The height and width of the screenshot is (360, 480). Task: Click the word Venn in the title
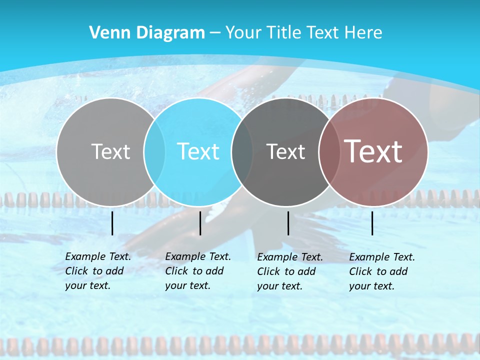pyautogui.click(x=106, y=33)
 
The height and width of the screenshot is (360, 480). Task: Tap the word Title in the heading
pyautogui.click(x=282, y=33)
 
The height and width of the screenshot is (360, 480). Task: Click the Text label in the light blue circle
pyautogui.click(x=198, y=151)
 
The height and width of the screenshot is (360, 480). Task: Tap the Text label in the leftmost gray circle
pyautogui.click(x=110, y=151)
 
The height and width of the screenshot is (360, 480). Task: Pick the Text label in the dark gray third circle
pyautogui.click(x=285, y=151)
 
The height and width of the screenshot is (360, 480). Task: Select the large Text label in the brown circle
pyautogui.click(x=373, y=151)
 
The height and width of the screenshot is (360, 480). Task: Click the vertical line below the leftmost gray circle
pyautogui.click(x=112, y=223)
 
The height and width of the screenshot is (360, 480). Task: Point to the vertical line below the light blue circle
pyautogui.click(x=200, y=223)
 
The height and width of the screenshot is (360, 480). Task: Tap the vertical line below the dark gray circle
pyautogui.click(x=288, y=223)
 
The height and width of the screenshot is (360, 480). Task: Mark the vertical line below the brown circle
pyautogui.click(x=372, y=223)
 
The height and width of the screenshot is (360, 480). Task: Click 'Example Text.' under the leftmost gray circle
pyautogui.click(x=98, y=256)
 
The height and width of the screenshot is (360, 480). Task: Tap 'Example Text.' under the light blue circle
pyautogui.click(x=198, y=256)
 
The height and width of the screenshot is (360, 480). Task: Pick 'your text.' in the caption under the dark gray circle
pyautogui.click(x=279, y=286)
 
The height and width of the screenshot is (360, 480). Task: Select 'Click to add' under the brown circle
pyautogui.click(x=378, y=271)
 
